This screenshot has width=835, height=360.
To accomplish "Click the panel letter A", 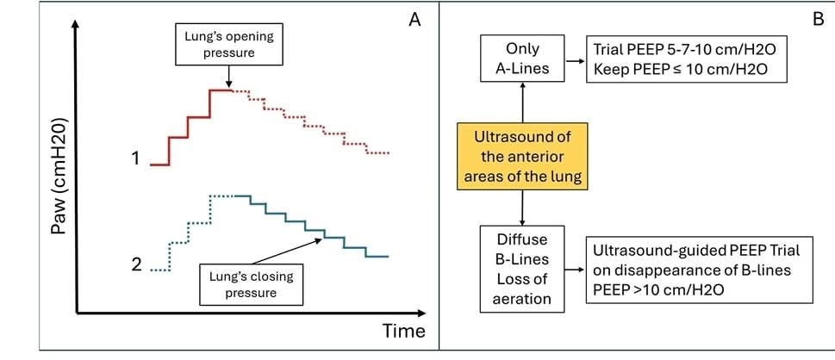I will click(x=414, y=22).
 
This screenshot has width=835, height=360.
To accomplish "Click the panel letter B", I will click(x=819, y=22).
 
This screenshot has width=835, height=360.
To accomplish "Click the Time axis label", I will click(x=404, y=331).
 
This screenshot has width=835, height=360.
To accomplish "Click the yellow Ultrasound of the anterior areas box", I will click(x=522, y=156).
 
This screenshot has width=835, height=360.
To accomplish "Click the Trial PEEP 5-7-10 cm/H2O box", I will click(x=686, y=59).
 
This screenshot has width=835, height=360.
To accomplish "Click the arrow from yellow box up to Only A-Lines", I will click(x=522, y=105).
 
